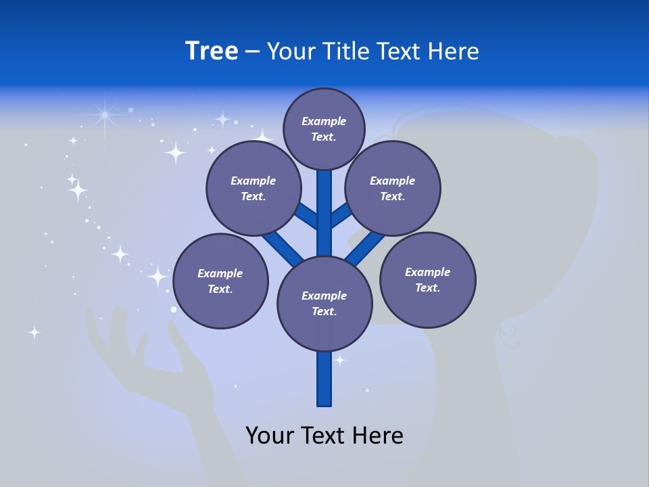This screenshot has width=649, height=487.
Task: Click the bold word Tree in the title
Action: [212, 51]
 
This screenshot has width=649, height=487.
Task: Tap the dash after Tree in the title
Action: [252, 52]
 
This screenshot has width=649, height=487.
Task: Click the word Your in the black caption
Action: [270, 435]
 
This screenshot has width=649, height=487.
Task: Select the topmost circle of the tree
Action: [324, 129]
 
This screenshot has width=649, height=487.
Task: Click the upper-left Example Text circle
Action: [253, 188]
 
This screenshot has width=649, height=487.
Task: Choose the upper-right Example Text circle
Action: [392, 188]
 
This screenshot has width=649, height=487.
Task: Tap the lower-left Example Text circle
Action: [220, 281]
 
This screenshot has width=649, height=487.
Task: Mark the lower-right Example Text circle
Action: [427, 279]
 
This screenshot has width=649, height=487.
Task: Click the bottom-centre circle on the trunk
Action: [324, 303]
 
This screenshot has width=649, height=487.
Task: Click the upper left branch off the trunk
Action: [306, 215]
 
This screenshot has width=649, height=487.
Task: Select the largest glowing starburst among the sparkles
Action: [105, 116]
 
